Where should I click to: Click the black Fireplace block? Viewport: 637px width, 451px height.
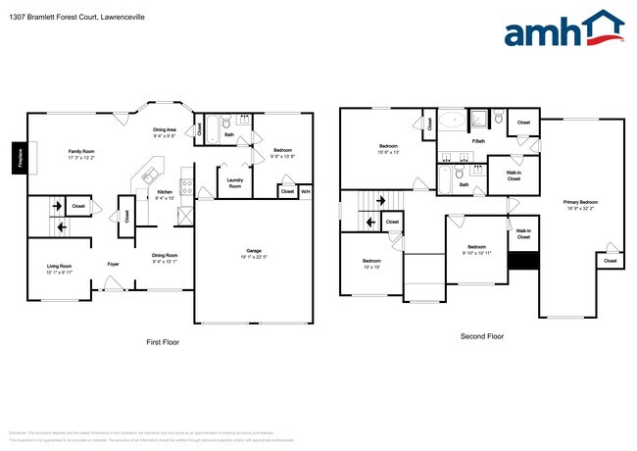pyautogui.click(x=18, y=158)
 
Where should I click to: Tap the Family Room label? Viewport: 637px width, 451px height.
pyautogui.click(x=80, y=151)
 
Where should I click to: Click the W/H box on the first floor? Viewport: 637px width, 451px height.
pyautogui.click(x=305, y=191)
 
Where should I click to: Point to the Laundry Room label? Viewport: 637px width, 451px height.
pyautogui.click(x=234, y=181)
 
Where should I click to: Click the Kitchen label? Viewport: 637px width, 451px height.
pyautogui.click(x=165, y=191)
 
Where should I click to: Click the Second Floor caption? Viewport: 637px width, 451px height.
pyautogui.click(x=481, y=336)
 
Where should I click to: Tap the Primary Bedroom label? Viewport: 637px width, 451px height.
pyautogui.click(x=580, y=202)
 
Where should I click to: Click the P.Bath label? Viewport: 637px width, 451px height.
pyautogui.click(x=479, y=141)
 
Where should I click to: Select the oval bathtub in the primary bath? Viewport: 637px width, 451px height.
pyautogui.click(x=452, y=122)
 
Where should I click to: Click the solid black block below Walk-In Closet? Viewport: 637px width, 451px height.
pyautogui.click(x=523, y=261)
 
